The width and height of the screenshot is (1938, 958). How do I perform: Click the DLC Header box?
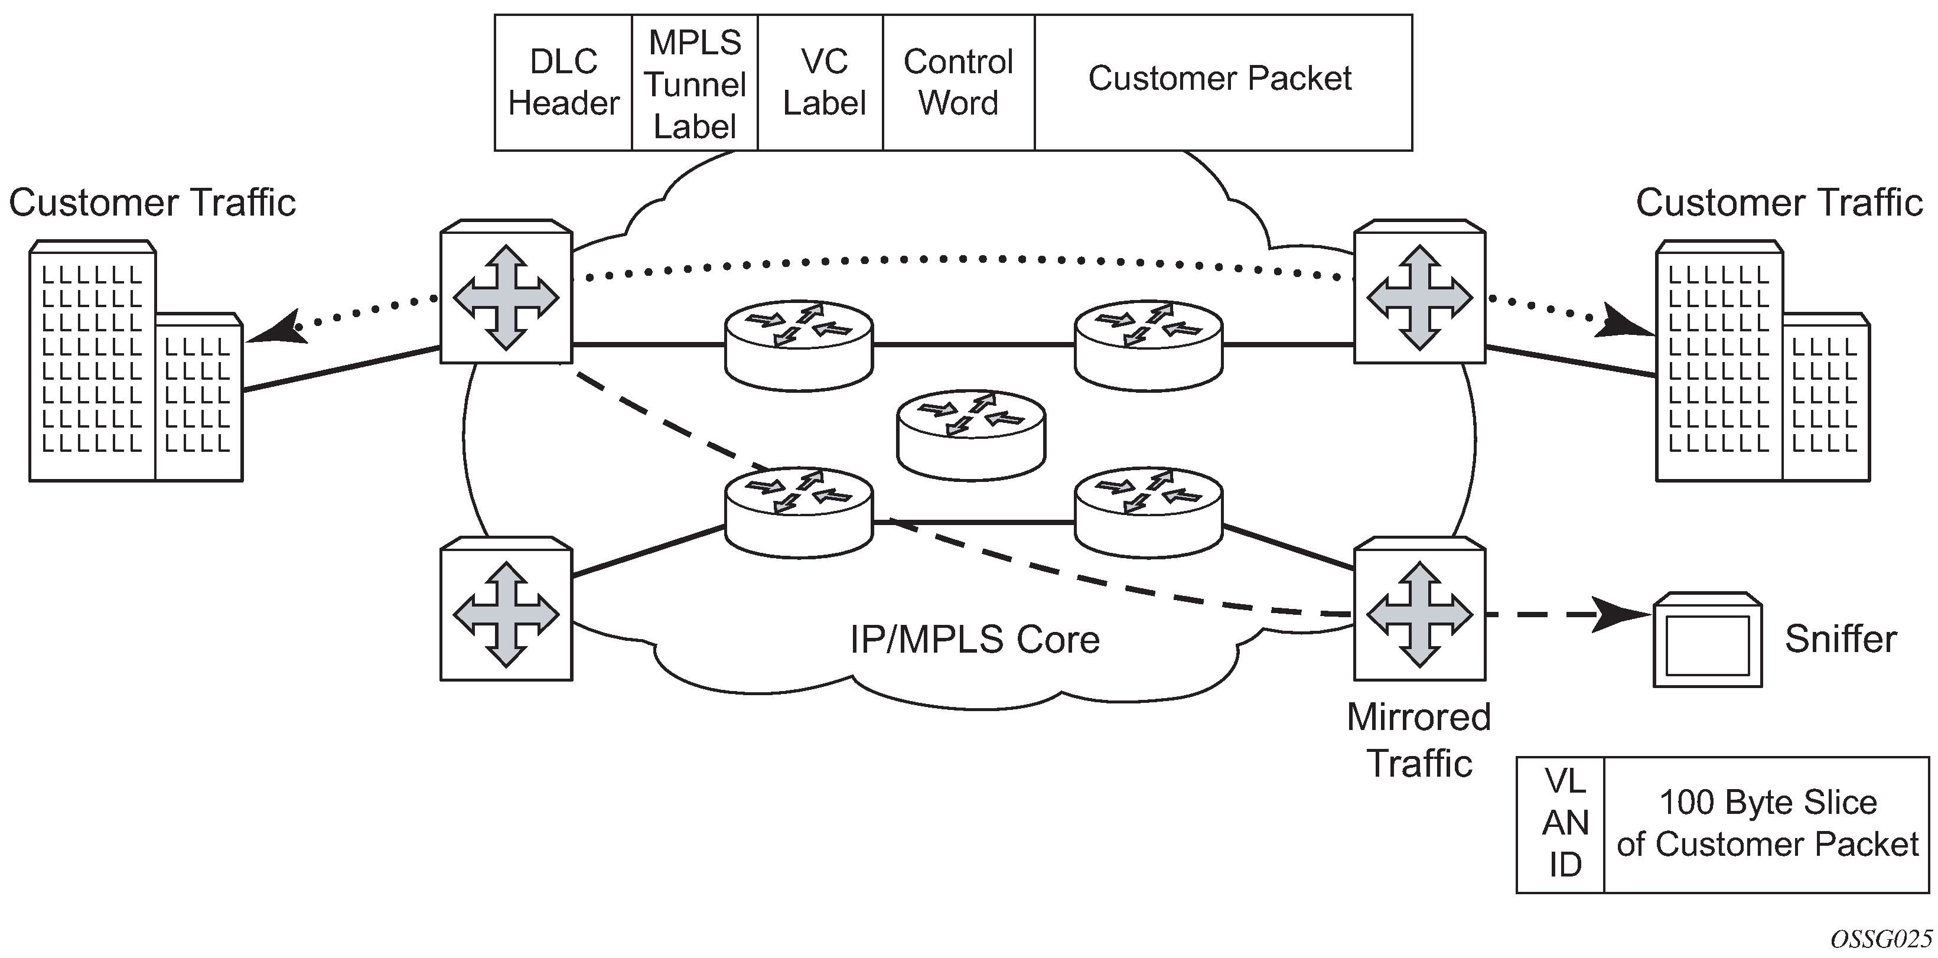coord(563,83)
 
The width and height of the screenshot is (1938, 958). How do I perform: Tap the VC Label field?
coord(824,83)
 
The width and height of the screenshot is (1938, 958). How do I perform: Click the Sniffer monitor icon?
coord(1707,640)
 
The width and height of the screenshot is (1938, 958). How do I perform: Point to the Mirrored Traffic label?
coord(1418,739)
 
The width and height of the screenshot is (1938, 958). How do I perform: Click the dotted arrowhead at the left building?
coord(275,329)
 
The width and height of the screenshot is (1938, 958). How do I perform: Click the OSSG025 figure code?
coord(1880,939)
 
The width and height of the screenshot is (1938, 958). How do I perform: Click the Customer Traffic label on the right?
coord(1779,203)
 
